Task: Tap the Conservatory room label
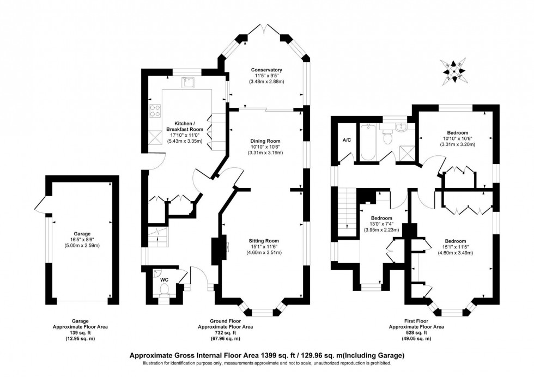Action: click(x=266, y=70)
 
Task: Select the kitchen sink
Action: click(x=189, y=82)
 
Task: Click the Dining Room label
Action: click(x=266, y=141)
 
